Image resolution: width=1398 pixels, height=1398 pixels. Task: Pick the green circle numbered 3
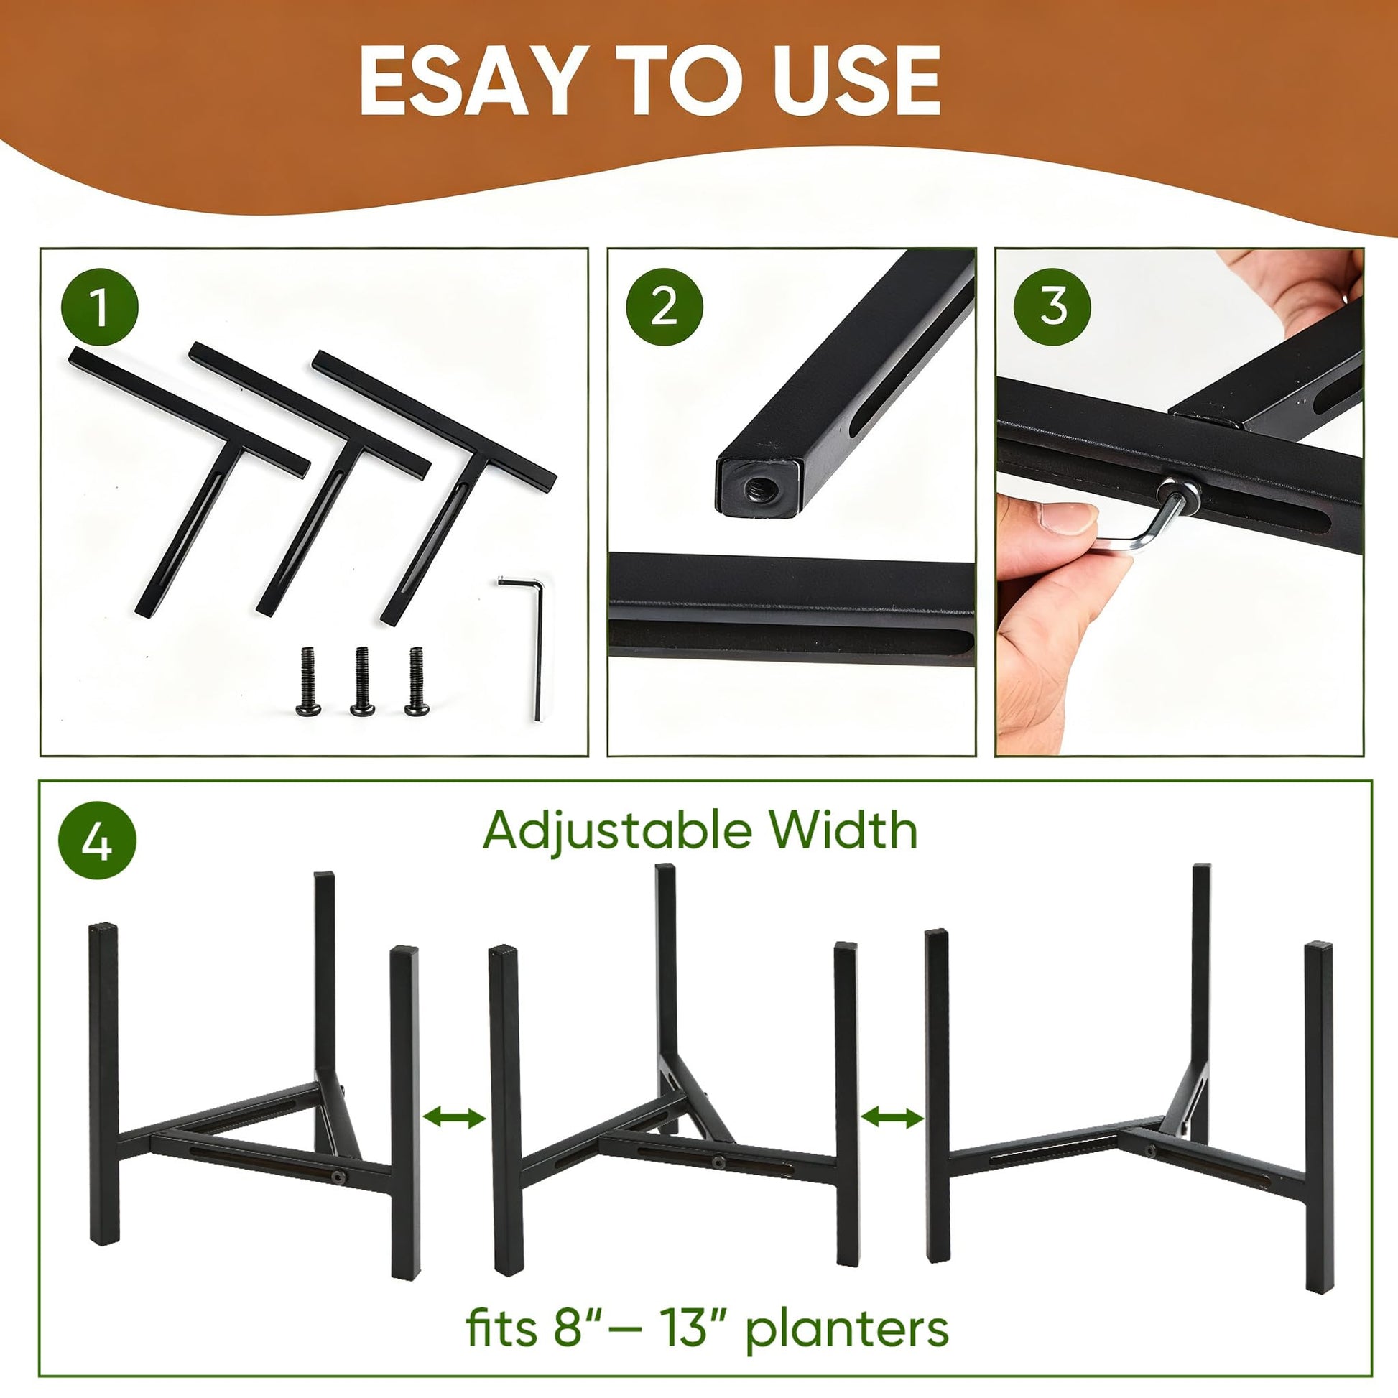[1053, 306]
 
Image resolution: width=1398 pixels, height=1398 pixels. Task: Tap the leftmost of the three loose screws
[306, 681]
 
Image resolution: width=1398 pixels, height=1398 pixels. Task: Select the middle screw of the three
[362, 681]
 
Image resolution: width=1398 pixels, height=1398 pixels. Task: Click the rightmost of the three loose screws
[416, 681]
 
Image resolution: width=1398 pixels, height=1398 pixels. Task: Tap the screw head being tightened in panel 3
[1177, 496]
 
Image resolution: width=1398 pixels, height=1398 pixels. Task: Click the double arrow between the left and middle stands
[454, 1117]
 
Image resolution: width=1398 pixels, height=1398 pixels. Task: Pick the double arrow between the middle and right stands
[892, 1117]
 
